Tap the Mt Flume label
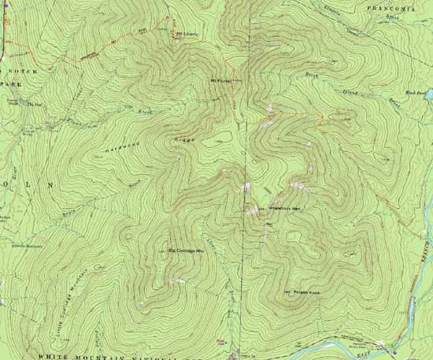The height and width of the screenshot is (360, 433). pyautogui.click(x=220, y=79)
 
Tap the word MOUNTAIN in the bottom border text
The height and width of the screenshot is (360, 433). pyautogui.click(x=126, y=356)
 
